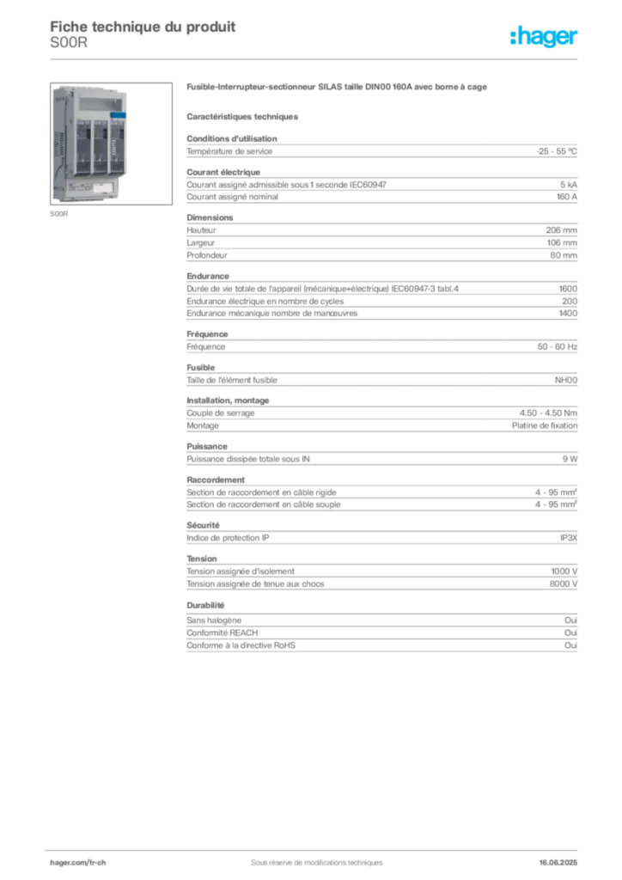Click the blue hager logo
(546, 38)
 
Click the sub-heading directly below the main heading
(244, 115)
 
